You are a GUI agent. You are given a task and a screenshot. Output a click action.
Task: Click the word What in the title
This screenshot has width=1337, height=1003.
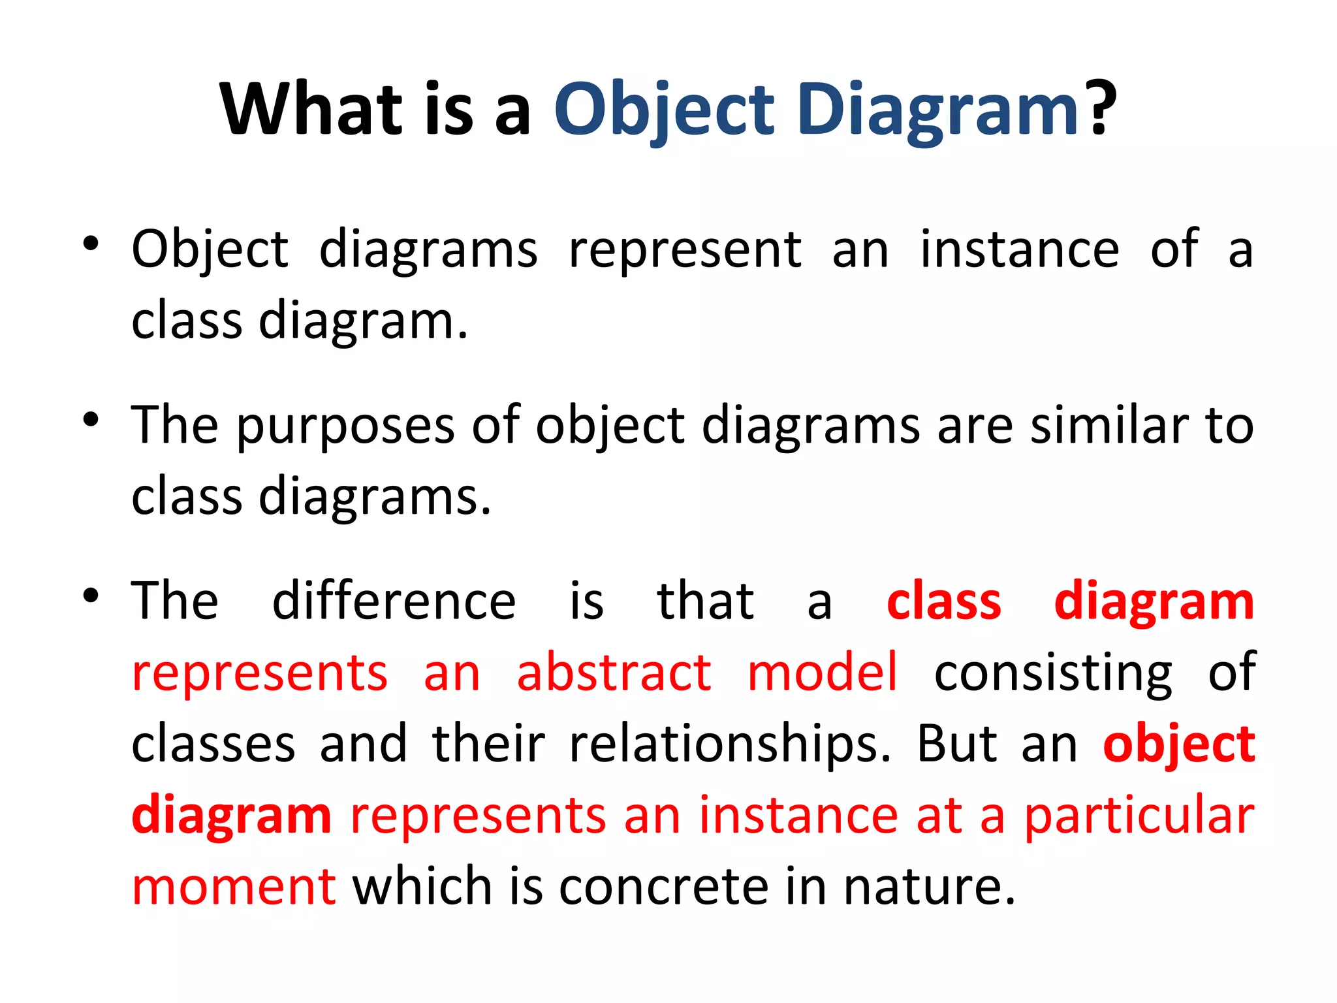[313, 109]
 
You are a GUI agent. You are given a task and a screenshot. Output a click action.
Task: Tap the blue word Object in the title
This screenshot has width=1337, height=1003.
[664, 109]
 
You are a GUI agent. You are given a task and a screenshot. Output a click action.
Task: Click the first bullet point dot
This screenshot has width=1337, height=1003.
[91, 245]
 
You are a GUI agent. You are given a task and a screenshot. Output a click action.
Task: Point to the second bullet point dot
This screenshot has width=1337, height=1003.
[91, 421]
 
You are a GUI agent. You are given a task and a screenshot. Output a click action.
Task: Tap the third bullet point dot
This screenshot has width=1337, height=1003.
[91, 596]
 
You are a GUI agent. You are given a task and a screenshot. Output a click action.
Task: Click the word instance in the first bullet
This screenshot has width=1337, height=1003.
[1020, 249]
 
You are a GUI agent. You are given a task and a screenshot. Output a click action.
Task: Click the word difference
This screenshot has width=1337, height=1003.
[394, 601]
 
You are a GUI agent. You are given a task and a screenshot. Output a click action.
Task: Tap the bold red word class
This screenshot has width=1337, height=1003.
[944, 601]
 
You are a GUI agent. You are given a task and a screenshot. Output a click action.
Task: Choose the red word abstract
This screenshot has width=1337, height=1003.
[614, 673]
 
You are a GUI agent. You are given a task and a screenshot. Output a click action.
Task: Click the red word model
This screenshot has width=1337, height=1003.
[823, 673]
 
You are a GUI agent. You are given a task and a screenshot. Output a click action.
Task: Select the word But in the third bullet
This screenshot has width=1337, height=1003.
[957, 744]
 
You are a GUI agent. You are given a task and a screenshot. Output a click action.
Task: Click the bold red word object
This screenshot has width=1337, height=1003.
[1179, 745]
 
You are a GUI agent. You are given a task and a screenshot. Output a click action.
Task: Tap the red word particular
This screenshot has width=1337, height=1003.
[1139, 816]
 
